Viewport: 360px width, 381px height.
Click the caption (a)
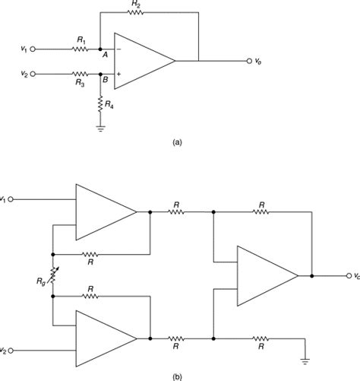tap(177, 141)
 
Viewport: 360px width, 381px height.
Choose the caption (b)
tap(177, 373)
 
